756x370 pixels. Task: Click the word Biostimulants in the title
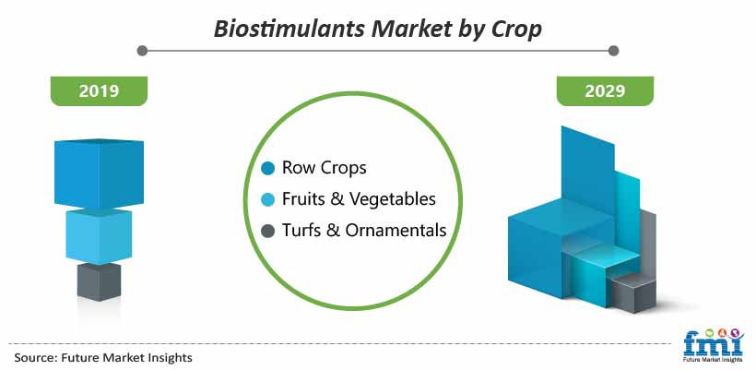289,30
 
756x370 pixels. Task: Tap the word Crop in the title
516,30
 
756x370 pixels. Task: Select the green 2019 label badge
99,91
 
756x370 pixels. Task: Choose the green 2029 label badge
605,91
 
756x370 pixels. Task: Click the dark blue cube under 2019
99,173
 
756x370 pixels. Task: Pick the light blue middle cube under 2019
99,237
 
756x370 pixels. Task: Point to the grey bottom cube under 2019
99,281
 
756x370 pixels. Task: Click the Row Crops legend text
324,168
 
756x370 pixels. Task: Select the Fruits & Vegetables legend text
359,198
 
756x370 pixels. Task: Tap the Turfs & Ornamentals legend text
364,230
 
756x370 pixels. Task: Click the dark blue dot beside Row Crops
267,168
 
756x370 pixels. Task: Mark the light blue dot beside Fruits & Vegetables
267,199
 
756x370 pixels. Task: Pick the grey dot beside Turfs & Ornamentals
267,231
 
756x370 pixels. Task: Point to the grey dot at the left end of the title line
142,51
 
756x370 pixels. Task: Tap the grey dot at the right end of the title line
613,51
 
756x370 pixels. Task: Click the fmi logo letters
713,342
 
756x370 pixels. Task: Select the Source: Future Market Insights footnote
103,357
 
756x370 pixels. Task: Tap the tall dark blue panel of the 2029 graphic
588,172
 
